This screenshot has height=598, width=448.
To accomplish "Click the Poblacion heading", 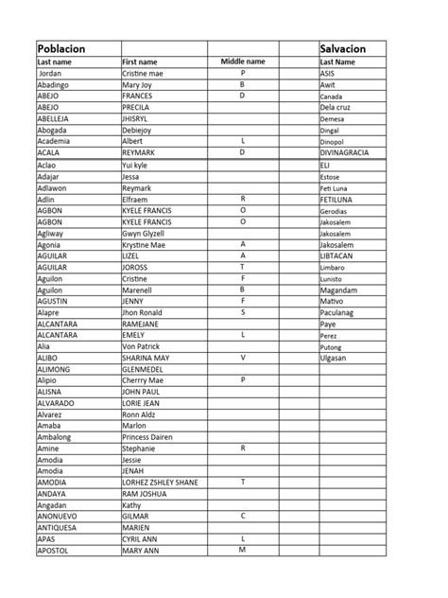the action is pos(61,48).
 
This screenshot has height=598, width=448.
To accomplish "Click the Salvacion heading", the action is pos(343,48).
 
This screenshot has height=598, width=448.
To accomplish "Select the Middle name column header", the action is pos(243,62).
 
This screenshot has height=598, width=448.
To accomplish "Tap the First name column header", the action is pos(140,62).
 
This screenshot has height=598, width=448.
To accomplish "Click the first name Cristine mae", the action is pos(143,73).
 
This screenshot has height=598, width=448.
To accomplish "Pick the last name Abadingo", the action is pos(56,84).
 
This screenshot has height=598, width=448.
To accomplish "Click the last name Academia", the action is pos(56,141).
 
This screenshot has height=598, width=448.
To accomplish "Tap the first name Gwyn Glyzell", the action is pos(143,233).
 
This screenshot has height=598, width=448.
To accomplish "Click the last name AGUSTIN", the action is pos(56,301).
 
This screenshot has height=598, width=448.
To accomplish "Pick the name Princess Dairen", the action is pos(148,437).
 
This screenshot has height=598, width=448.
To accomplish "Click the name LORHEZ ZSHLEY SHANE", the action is pos(160,483).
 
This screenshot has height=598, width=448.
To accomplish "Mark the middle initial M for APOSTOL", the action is pos(243,550).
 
